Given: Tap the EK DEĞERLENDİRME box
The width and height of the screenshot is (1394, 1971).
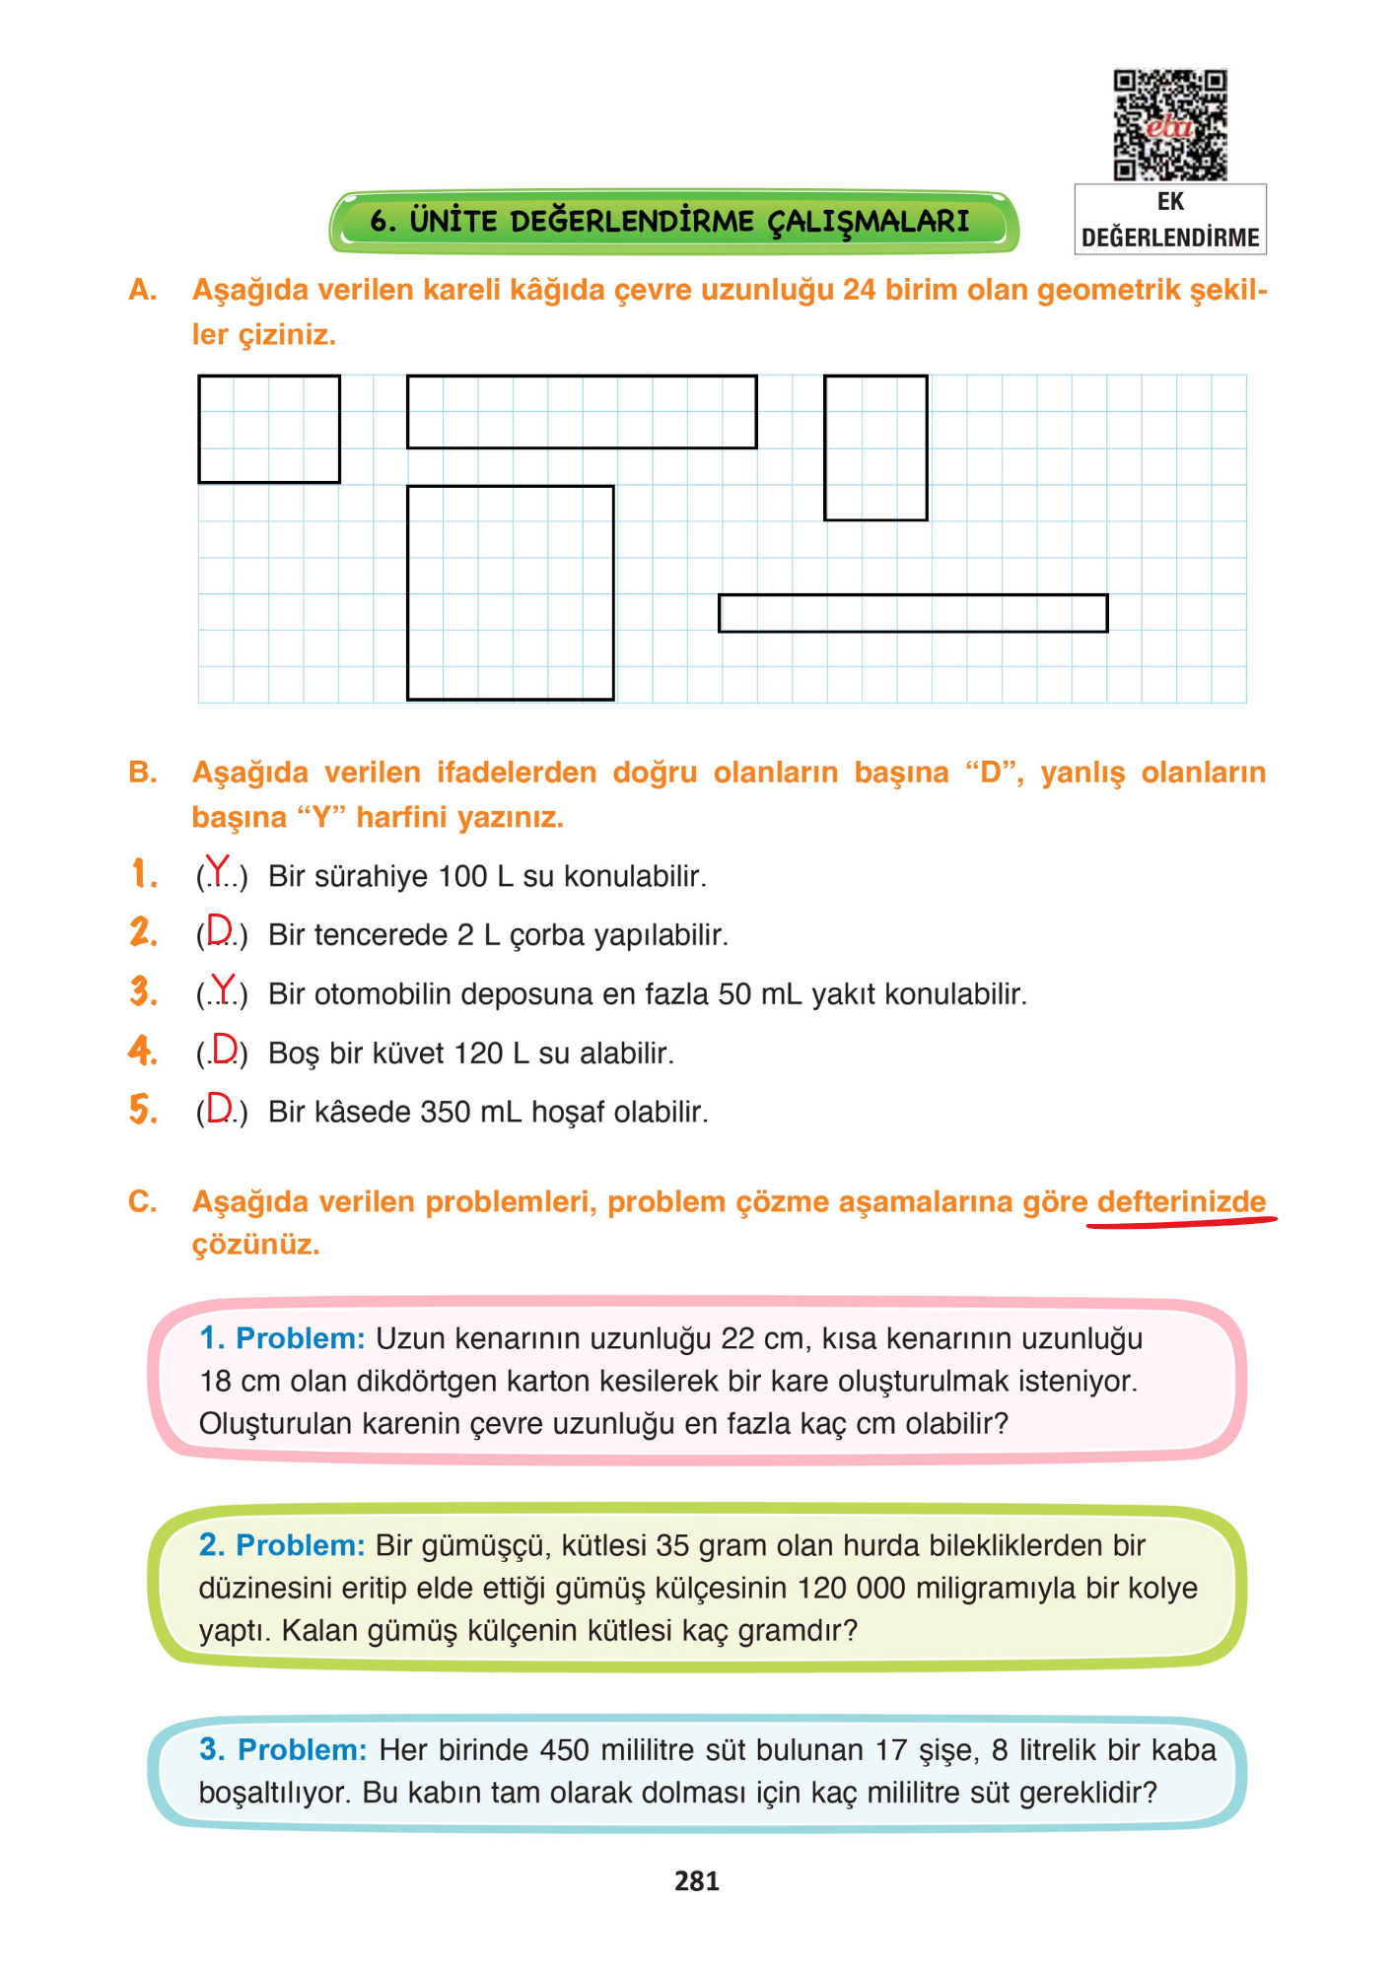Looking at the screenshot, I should [1170, 220].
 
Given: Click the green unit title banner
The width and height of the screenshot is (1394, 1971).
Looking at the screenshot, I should [673, 221].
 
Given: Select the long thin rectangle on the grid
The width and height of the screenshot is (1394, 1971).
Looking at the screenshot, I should [913, 613].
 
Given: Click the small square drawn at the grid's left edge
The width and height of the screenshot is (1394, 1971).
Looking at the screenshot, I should [269, 430].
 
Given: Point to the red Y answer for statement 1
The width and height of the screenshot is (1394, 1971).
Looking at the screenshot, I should [217, 871].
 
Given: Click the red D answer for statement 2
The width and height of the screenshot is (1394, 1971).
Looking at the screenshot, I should [219, 930].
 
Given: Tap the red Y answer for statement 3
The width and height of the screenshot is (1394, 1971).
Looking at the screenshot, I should [225, 988].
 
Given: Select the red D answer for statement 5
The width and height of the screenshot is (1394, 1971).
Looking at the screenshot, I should [219, 1108].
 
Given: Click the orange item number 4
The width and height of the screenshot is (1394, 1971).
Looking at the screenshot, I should [143, 1051].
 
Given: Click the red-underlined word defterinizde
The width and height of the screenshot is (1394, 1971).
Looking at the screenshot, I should [1180, 1202].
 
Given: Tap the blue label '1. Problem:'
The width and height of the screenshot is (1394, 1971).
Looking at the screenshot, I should [282, 1338].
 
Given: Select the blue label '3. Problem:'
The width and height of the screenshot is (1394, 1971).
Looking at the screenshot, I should [283, 1749].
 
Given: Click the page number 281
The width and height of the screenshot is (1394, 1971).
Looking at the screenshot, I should [697, 1881].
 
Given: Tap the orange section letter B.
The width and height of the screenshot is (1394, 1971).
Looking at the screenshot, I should [142, 773].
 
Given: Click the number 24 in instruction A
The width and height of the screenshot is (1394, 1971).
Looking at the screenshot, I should [860, 290].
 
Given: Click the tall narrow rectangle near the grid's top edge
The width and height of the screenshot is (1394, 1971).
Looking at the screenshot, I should [875, 447].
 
